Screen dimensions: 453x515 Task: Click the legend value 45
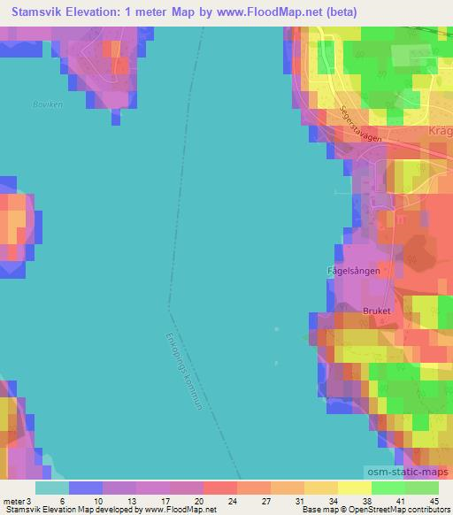tap(433, 501)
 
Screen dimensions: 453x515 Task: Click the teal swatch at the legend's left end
tap(51, 488)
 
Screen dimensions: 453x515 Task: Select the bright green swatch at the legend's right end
tap(422, 488)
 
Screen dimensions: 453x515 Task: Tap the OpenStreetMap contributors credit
tap(409, 511)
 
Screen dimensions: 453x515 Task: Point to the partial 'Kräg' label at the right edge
tap(439, 131)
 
